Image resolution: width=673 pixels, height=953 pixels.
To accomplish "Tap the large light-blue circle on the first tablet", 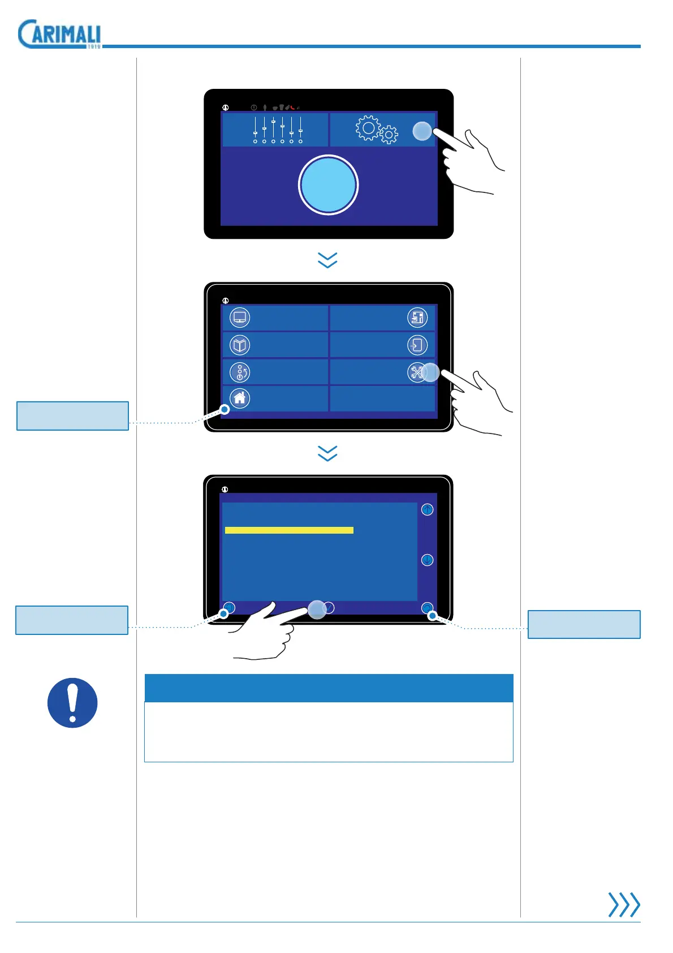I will (x=328, y=185).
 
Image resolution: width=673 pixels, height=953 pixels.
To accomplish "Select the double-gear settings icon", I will (x=376, y=130).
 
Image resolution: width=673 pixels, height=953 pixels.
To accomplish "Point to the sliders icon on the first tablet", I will (x=278, y=130).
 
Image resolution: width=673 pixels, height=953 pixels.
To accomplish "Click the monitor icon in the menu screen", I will (x=240, y=317).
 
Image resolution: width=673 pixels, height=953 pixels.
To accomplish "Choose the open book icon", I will (x=240, y=345).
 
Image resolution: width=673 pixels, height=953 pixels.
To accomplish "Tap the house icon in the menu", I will (x=240, y=398).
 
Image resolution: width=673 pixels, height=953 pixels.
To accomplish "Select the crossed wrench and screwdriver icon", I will (x=417, y=372).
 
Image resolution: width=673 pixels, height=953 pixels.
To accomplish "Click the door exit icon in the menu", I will (x=417, y=345).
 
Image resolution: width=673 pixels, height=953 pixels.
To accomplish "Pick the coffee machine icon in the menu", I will (x=417, y=317).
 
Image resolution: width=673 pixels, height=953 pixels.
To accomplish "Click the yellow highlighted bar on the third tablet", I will (x=289, y=530).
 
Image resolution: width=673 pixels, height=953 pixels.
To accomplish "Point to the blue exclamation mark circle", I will (x=72, y=703).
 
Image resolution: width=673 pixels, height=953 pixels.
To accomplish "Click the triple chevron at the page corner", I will (x=624, y=904).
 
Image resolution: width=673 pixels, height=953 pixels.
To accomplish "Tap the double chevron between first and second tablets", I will (x=328, y=260).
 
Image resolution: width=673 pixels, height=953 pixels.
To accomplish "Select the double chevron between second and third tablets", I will (x=328, y=453).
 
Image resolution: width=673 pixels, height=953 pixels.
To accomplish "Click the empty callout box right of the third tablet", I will (x=584, y=624).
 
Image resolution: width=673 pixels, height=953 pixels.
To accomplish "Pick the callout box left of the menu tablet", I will (x=73, y=416).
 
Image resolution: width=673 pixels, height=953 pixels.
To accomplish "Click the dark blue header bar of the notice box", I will (x=329, y=688).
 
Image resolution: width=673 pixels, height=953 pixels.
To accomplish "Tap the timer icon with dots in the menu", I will (x=240, y=372).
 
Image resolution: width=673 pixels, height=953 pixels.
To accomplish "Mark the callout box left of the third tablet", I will (x=72, y=620).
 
